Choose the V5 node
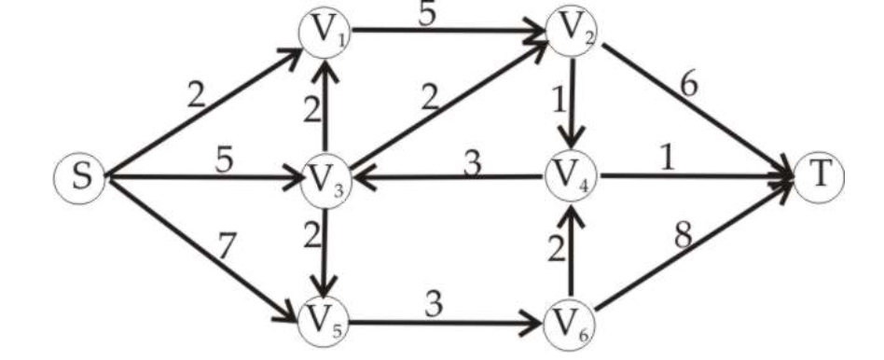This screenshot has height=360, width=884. click(x=323, y=323)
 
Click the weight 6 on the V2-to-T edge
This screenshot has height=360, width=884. click(x=688, y=85)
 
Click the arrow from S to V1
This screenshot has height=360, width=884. click(x=205, y=112)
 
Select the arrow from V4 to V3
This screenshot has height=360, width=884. click(x=448, y=175)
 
